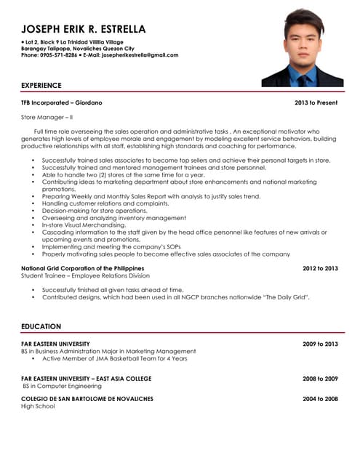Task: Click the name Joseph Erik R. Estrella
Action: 84,29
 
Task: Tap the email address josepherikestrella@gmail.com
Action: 140,55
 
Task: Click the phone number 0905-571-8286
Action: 58,55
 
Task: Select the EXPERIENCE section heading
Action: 41,85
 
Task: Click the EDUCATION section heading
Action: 41,327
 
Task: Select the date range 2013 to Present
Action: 316,103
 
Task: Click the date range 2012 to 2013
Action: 320,269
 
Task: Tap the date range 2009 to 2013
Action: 320,344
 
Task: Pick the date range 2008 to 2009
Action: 320,379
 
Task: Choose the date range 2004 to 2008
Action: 320,399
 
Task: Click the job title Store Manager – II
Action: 47,117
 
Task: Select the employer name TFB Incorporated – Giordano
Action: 62,103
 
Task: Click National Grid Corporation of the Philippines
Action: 88,269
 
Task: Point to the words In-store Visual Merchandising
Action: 85,225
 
